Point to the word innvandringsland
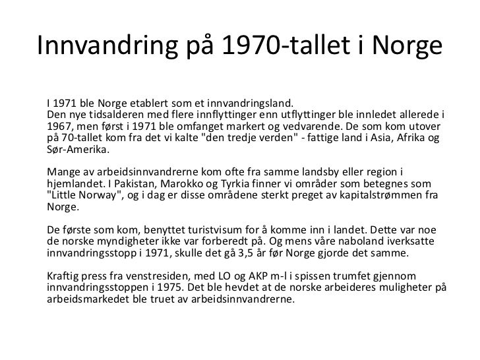(x=249, y=104)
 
